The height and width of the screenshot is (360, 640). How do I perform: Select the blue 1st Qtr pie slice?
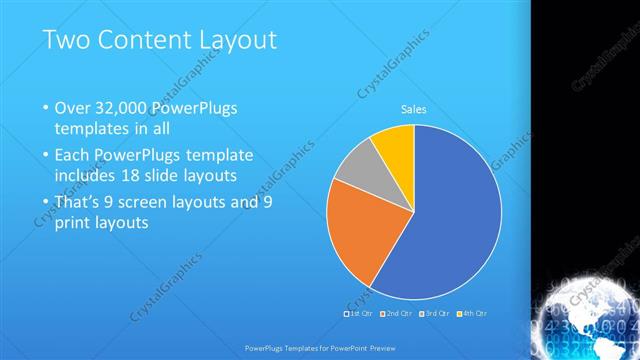tap(450, 220)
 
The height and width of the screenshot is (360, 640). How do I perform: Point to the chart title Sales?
tap(414, 109)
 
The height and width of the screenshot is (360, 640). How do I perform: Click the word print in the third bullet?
tap(73, 223)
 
